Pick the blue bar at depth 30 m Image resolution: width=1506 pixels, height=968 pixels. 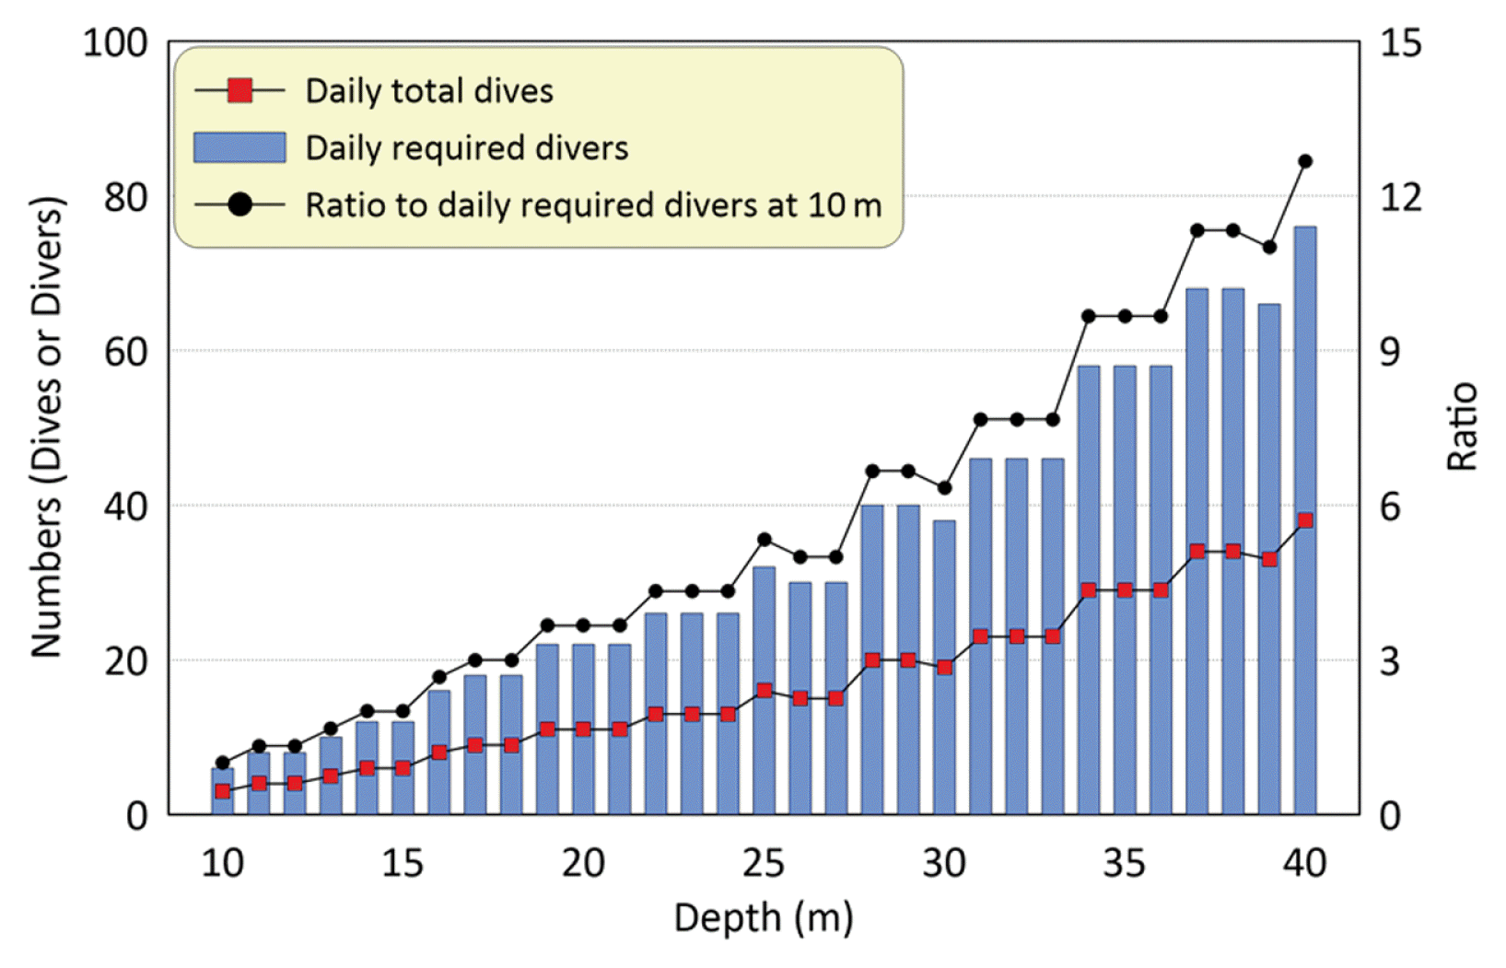click(944, 737)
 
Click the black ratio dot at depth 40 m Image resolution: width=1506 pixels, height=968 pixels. click(1304, 161)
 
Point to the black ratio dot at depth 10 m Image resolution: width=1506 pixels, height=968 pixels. click(222, 763)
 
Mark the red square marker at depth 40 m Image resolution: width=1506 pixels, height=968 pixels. click(1304, 520)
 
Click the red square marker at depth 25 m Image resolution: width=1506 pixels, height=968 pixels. click(764, 691)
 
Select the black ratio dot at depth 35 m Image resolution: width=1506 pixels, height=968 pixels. click(1125, 316)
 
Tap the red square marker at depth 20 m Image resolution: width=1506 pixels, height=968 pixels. click(583, 729)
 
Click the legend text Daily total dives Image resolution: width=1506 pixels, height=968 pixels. click(429, 91)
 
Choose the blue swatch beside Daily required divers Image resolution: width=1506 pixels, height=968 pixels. click(239, 147)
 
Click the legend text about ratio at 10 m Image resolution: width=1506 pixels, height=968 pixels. click(593, 205)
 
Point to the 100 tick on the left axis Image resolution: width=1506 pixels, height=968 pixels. click(115, 43)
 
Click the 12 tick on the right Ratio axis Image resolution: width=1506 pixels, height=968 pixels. click(1400, 197)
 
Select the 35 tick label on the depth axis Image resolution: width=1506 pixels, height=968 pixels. click(1125, 864)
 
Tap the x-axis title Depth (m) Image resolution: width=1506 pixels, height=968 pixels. click(764, 918)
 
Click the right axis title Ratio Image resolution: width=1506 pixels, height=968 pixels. click(1462, 426)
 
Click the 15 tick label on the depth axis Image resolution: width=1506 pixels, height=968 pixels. click(403, 864)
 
